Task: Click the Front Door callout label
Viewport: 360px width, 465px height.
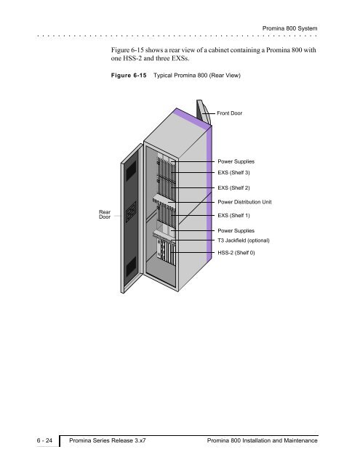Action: coord(229,113)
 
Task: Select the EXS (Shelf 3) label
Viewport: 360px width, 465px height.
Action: coord(233,172)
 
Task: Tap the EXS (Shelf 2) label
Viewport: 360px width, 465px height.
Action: coord(233,187)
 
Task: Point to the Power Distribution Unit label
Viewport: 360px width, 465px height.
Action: coord(244,202)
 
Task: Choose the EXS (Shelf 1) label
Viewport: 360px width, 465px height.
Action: coord(233,215)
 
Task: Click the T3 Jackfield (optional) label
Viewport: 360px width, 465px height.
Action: coord(244,240)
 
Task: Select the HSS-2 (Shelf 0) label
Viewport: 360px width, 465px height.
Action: coord(236,253)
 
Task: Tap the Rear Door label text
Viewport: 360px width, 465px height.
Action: coord(105,214)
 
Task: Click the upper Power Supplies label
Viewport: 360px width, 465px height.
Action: coord(236,161)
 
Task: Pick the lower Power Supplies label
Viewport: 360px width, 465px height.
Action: coord(236,230)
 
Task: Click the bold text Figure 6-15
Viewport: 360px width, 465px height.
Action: coord(129,76)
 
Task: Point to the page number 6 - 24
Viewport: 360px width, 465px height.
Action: coord(44,440)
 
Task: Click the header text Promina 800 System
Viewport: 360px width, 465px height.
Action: coord(289,28)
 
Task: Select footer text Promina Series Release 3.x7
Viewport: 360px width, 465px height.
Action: coord(108,440)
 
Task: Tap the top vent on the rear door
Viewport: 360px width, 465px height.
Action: coord(131,171)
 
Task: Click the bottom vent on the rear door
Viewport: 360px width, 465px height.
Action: coord(131,267)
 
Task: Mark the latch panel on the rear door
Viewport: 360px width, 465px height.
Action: coord(131,211)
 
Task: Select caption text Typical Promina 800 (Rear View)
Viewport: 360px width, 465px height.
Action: coord(197,76)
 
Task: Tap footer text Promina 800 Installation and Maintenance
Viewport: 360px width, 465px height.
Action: coord(263,440)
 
